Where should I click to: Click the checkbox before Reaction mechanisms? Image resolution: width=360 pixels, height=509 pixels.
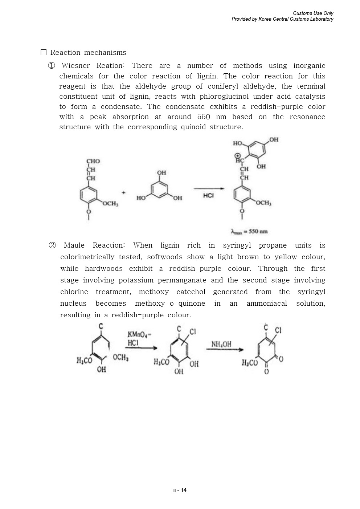[44, 52]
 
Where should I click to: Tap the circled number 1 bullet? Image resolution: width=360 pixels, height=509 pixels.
[52, 66]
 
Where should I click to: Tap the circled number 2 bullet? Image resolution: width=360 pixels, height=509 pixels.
[52, 245]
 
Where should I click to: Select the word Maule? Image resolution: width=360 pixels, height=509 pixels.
[74, 245]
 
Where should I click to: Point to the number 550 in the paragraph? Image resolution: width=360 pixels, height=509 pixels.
[204, 117]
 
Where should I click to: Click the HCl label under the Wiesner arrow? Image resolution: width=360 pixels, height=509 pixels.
[208, 195]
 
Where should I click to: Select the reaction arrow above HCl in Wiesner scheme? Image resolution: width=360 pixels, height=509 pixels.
[209, 188]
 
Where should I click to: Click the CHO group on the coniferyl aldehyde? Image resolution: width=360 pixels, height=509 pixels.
[93, 161]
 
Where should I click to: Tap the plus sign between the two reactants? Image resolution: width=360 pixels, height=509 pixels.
[123, 192]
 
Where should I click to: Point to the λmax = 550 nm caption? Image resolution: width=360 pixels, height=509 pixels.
[249, 231]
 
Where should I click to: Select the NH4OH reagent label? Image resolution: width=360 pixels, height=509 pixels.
[221, 344]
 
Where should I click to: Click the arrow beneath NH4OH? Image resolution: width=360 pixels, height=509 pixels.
[224, 350]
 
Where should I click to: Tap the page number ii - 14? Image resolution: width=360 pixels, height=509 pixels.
[180, 490]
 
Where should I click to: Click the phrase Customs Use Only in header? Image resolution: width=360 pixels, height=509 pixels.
[313, 13]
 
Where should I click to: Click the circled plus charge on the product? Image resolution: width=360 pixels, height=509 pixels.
[238, 155]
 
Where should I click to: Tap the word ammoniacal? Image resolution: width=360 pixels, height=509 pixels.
[267, 304]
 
